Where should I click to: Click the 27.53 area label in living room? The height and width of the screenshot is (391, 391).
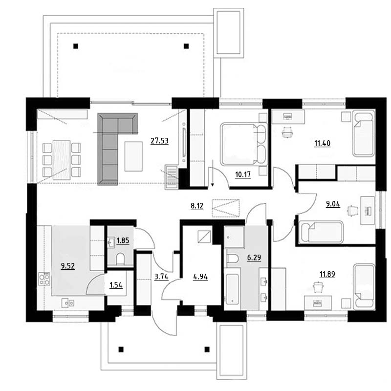pos(159,141)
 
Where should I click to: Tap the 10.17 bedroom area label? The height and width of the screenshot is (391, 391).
pos(242,174)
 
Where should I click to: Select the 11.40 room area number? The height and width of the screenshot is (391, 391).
pos(322,143)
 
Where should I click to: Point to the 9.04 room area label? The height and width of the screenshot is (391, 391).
pos(333,204)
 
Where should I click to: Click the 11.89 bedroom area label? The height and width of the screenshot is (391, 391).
pos(327,274)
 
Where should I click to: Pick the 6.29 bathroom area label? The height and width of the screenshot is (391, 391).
pos(254,258)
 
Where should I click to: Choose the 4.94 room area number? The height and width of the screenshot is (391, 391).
pos(200,277)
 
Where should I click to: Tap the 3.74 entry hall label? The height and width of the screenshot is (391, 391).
pos(161,277)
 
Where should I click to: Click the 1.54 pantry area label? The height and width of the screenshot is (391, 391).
pos(116,285)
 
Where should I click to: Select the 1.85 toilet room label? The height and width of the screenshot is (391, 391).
pos(123,240)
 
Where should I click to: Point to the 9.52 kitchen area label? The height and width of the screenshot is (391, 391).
pos(67,266)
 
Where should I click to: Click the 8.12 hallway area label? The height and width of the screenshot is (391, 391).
pos(197,206)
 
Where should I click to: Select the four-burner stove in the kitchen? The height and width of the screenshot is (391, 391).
pos(44,279)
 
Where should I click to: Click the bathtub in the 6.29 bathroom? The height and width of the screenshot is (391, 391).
pos(232,289)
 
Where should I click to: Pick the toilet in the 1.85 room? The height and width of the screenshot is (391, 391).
pos(120,259)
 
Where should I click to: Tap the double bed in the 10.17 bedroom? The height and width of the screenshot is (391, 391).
pos(244,144)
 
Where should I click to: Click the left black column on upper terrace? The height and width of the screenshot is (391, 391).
pos(76,46)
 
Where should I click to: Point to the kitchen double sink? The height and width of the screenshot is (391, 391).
pos(68,303)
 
